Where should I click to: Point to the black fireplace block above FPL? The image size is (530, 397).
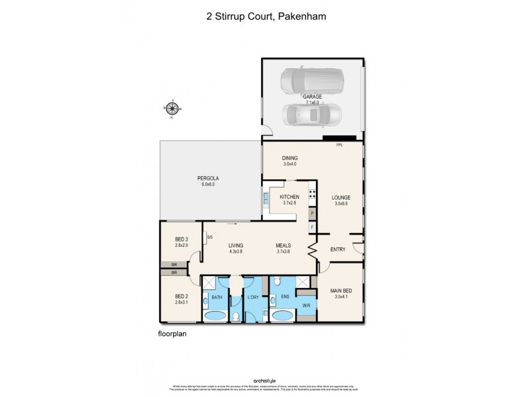point(340,138)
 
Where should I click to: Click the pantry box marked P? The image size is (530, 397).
point(312,214)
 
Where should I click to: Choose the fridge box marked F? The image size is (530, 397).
point(312,228)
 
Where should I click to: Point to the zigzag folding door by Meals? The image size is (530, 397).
point(310,249)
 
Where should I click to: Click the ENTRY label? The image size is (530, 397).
point(337,249)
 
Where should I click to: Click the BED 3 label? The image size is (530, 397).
point(182,239)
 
